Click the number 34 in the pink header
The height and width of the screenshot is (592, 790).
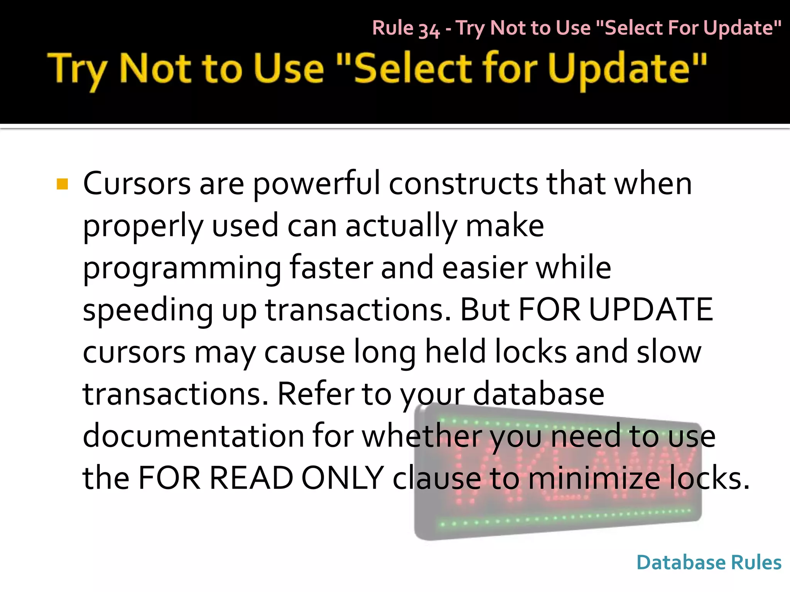point(429,30)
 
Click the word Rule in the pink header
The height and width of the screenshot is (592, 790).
point(393,28)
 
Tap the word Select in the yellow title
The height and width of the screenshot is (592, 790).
point(412,69)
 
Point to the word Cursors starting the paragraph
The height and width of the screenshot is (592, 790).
point(137,184)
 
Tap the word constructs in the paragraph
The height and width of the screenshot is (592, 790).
point(463,184)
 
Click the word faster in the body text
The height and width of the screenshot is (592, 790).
point(331,268)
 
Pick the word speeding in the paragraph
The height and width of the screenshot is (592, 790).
point(148,311)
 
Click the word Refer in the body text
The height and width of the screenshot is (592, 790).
point(315,394)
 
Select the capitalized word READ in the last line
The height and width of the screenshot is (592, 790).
point(251,478)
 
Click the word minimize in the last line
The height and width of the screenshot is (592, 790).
point(594,478)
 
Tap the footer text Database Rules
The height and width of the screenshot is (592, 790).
point(709,562)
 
